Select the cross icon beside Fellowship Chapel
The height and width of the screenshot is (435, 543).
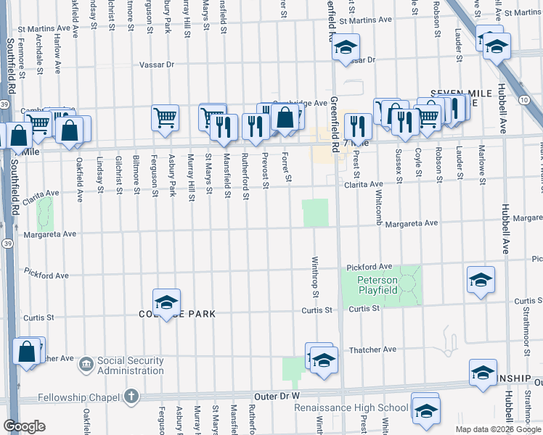[x=130, y=396]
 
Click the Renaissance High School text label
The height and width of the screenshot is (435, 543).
[x=351, y=408]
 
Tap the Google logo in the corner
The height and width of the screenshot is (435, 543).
[x=24, y=426]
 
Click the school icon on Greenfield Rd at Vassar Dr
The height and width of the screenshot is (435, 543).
[x=346, y=48]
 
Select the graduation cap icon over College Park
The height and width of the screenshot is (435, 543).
[x=166, y=302]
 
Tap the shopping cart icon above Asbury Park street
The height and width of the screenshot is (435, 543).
[x=166, y=117]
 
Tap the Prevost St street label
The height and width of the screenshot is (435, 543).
[x=266, y=167]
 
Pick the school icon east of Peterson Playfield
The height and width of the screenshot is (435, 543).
[x=481, y=280]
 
